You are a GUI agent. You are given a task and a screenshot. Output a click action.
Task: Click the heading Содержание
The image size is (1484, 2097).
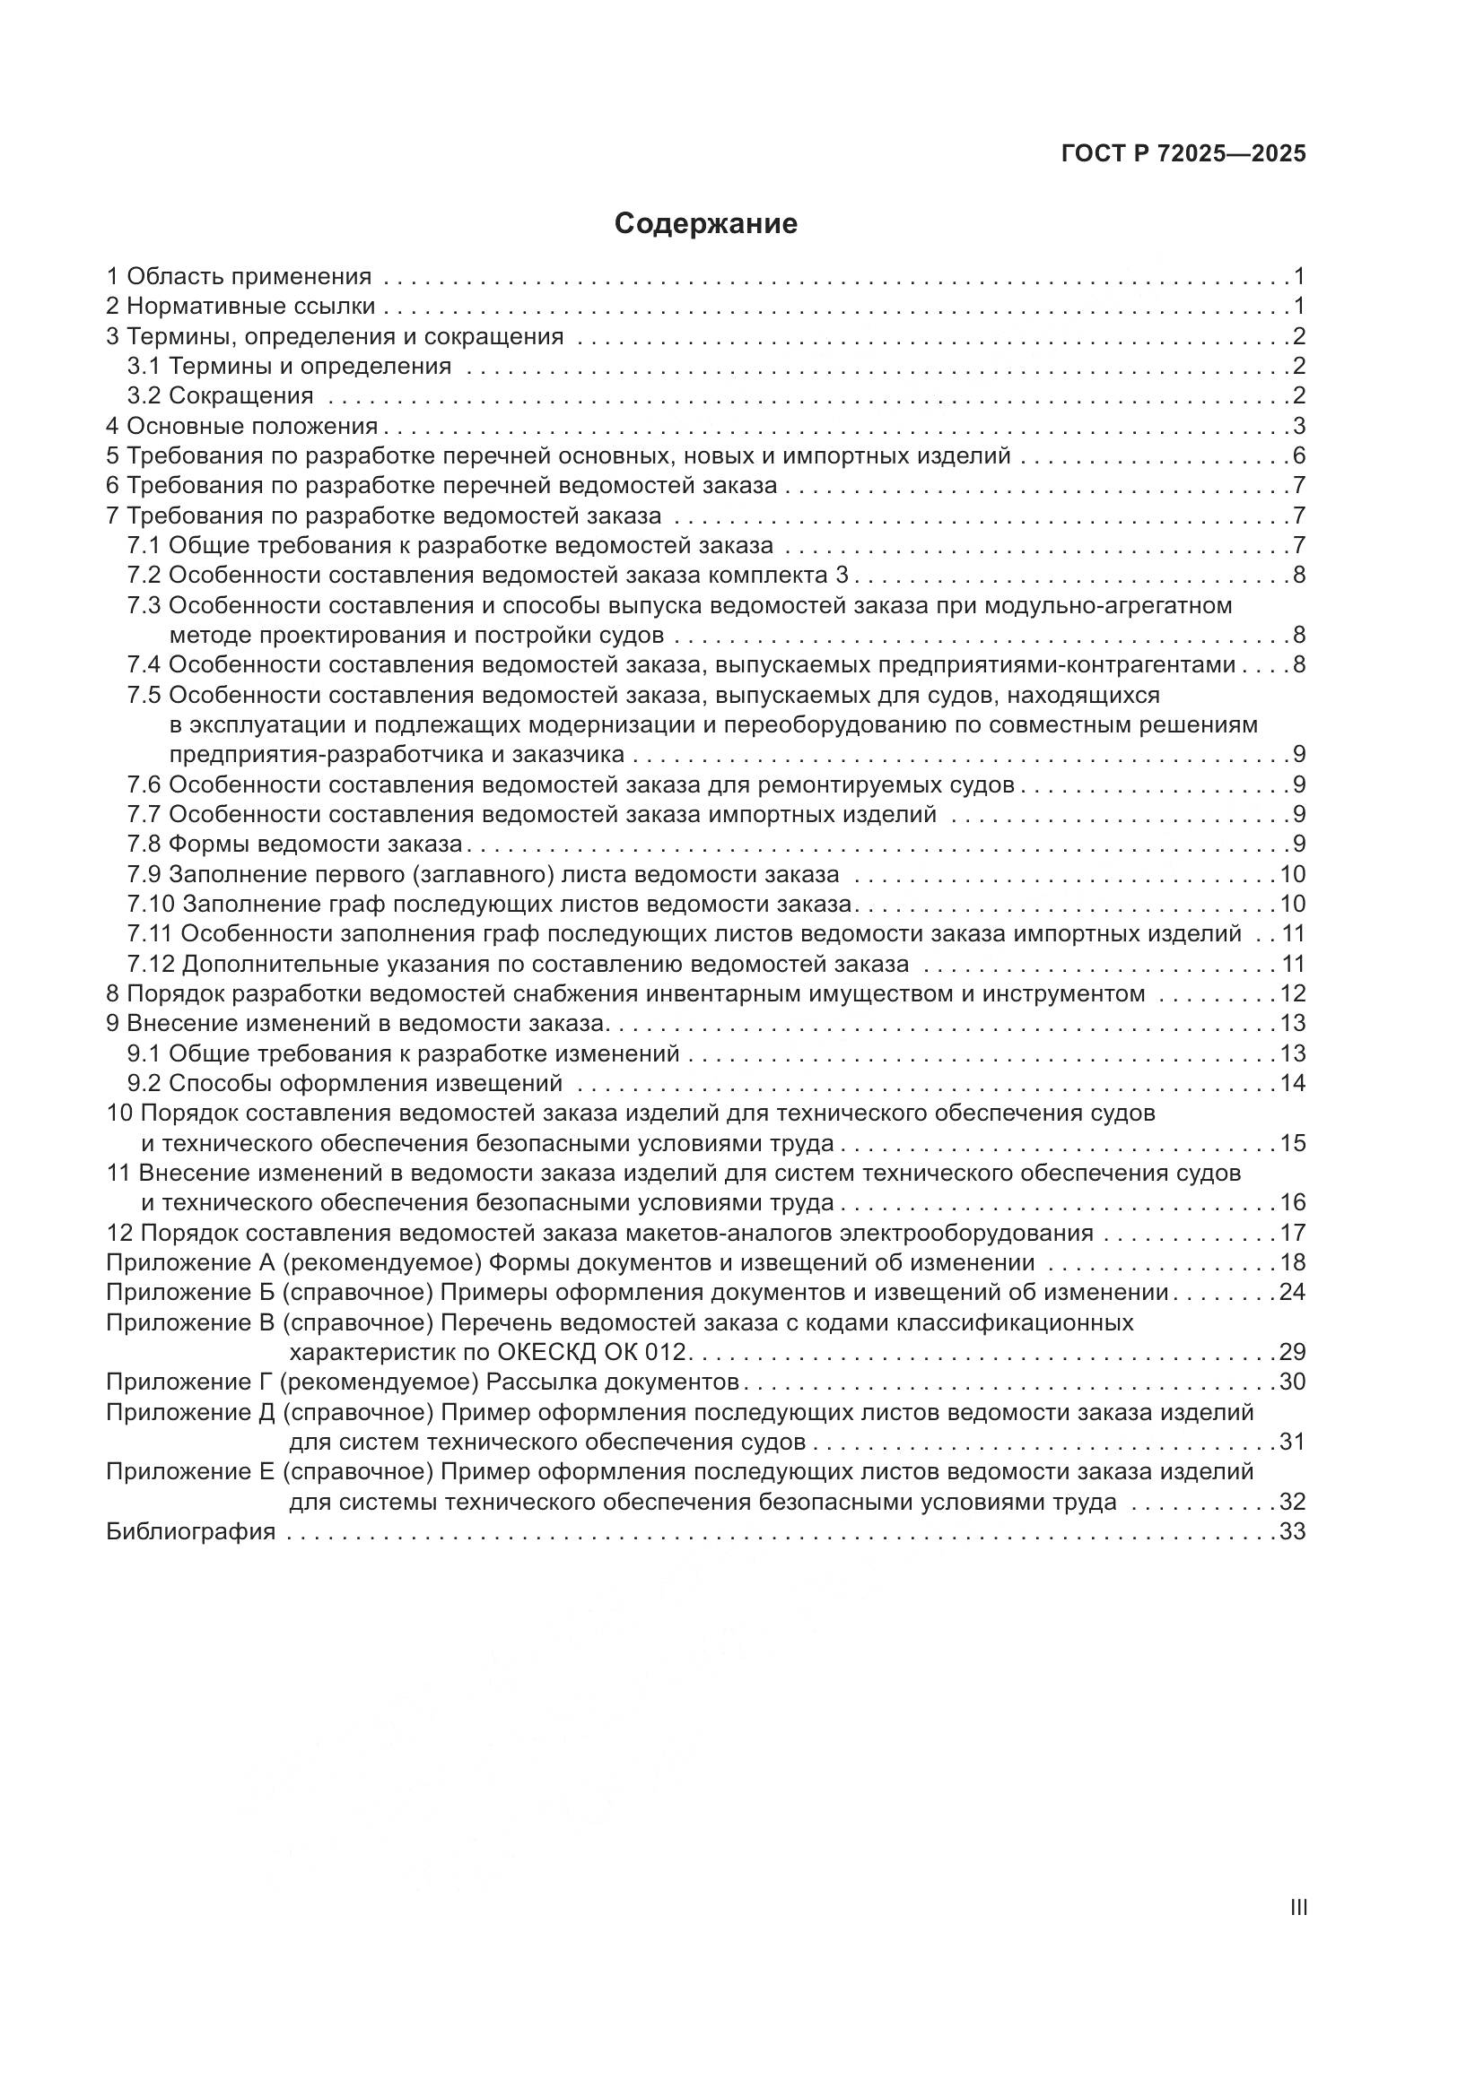click(x=705, y=224)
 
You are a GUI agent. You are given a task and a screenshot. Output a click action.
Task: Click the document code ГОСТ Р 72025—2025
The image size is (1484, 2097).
click(x=1183, y=154)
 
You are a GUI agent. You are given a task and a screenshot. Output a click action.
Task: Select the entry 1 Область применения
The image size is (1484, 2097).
click(x=239, y=277)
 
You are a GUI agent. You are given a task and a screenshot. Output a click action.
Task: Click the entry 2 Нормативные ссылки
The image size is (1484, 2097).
click(x=240, y=307)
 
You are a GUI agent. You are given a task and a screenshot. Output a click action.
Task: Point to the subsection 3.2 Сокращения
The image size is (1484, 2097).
click(x=220, y=396)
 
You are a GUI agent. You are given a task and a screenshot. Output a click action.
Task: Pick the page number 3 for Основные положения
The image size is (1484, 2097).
click(x=1298, y=427)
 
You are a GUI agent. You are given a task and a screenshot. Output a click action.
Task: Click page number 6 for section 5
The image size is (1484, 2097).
click(x=1298, y=456)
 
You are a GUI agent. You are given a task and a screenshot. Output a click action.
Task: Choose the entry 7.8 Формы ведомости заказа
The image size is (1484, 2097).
click(x=294, y=844)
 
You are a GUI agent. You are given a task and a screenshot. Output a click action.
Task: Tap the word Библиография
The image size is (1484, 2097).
click(x=191, y=1531)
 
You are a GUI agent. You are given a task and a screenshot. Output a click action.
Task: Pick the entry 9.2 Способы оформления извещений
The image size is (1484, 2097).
click(x=345, y=1084)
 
